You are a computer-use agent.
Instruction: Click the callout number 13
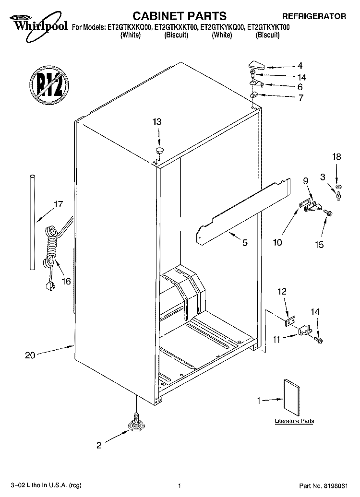157,122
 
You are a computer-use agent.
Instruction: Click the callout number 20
30,355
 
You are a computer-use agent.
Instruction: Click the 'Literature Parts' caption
294,421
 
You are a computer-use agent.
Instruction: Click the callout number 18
336,156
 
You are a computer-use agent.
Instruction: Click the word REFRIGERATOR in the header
314,16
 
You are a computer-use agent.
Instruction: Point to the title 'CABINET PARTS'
180,15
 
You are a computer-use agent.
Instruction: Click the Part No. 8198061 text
324,485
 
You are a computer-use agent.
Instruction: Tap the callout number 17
59,204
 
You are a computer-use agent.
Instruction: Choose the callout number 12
282,291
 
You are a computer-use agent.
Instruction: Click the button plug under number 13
159,150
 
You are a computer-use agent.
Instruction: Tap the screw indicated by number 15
327,213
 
